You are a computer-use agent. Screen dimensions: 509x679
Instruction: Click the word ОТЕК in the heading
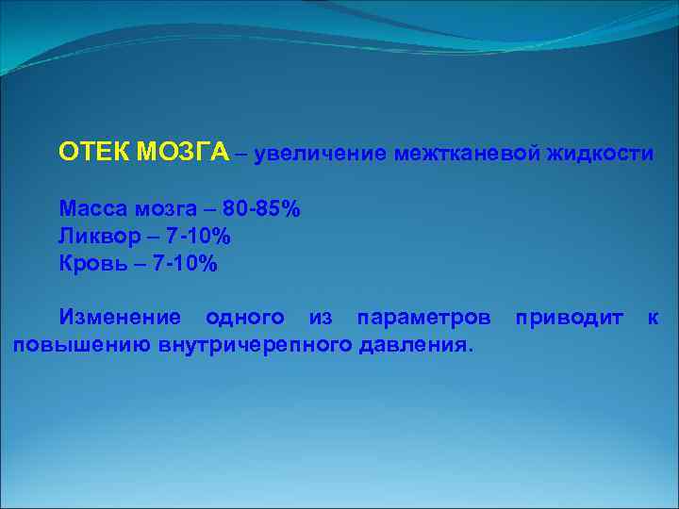click(91, 153)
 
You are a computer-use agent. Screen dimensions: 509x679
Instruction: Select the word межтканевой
click(466, 153)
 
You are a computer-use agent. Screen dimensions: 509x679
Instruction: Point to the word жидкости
click(598, 153)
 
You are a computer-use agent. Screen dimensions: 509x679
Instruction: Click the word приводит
click(569, 319)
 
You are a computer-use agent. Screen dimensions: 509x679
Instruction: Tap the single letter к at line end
click(653, 319)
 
